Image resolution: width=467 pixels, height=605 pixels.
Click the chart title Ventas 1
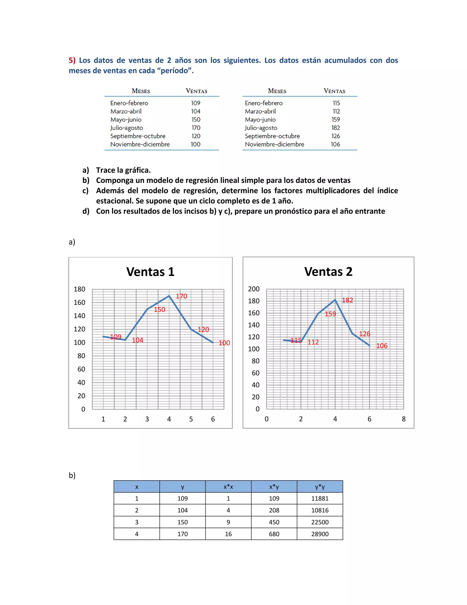(150, 272)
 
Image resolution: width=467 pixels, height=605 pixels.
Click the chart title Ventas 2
(328, 271)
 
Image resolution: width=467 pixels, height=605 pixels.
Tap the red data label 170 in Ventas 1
(182, 296)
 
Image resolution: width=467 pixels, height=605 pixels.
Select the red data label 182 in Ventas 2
(347, 300)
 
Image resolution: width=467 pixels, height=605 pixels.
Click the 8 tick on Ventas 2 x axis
(403, 419)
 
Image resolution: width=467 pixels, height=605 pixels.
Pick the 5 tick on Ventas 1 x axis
(191, 419)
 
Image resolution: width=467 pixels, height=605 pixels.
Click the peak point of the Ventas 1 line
(169, 296)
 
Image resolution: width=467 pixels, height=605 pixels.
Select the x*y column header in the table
(274, 487)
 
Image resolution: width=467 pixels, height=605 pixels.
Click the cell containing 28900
(320, 534)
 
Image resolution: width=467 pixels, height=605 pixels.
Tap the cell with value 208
(274, 510)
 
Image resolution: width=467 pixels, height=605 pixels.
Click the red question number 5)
(72, 60)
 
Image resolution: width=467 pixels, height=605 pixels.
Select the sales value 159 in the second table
(336, 119)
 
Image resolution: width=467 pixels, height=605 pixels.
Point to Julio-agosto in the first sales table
(126, 128)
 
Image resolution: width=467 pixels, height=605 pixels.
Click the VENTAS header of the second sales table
(334, 91)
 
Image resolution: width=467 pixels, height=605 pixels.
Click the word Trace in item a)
(106, 170)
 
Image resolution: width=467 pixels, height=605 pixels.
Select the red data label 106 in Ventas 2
(381, 346)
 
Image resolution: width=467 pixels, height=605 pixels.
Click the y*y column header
(320, 487)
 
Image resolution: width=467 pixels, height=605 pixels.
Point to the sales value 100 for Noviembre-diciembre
(195, 144)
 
